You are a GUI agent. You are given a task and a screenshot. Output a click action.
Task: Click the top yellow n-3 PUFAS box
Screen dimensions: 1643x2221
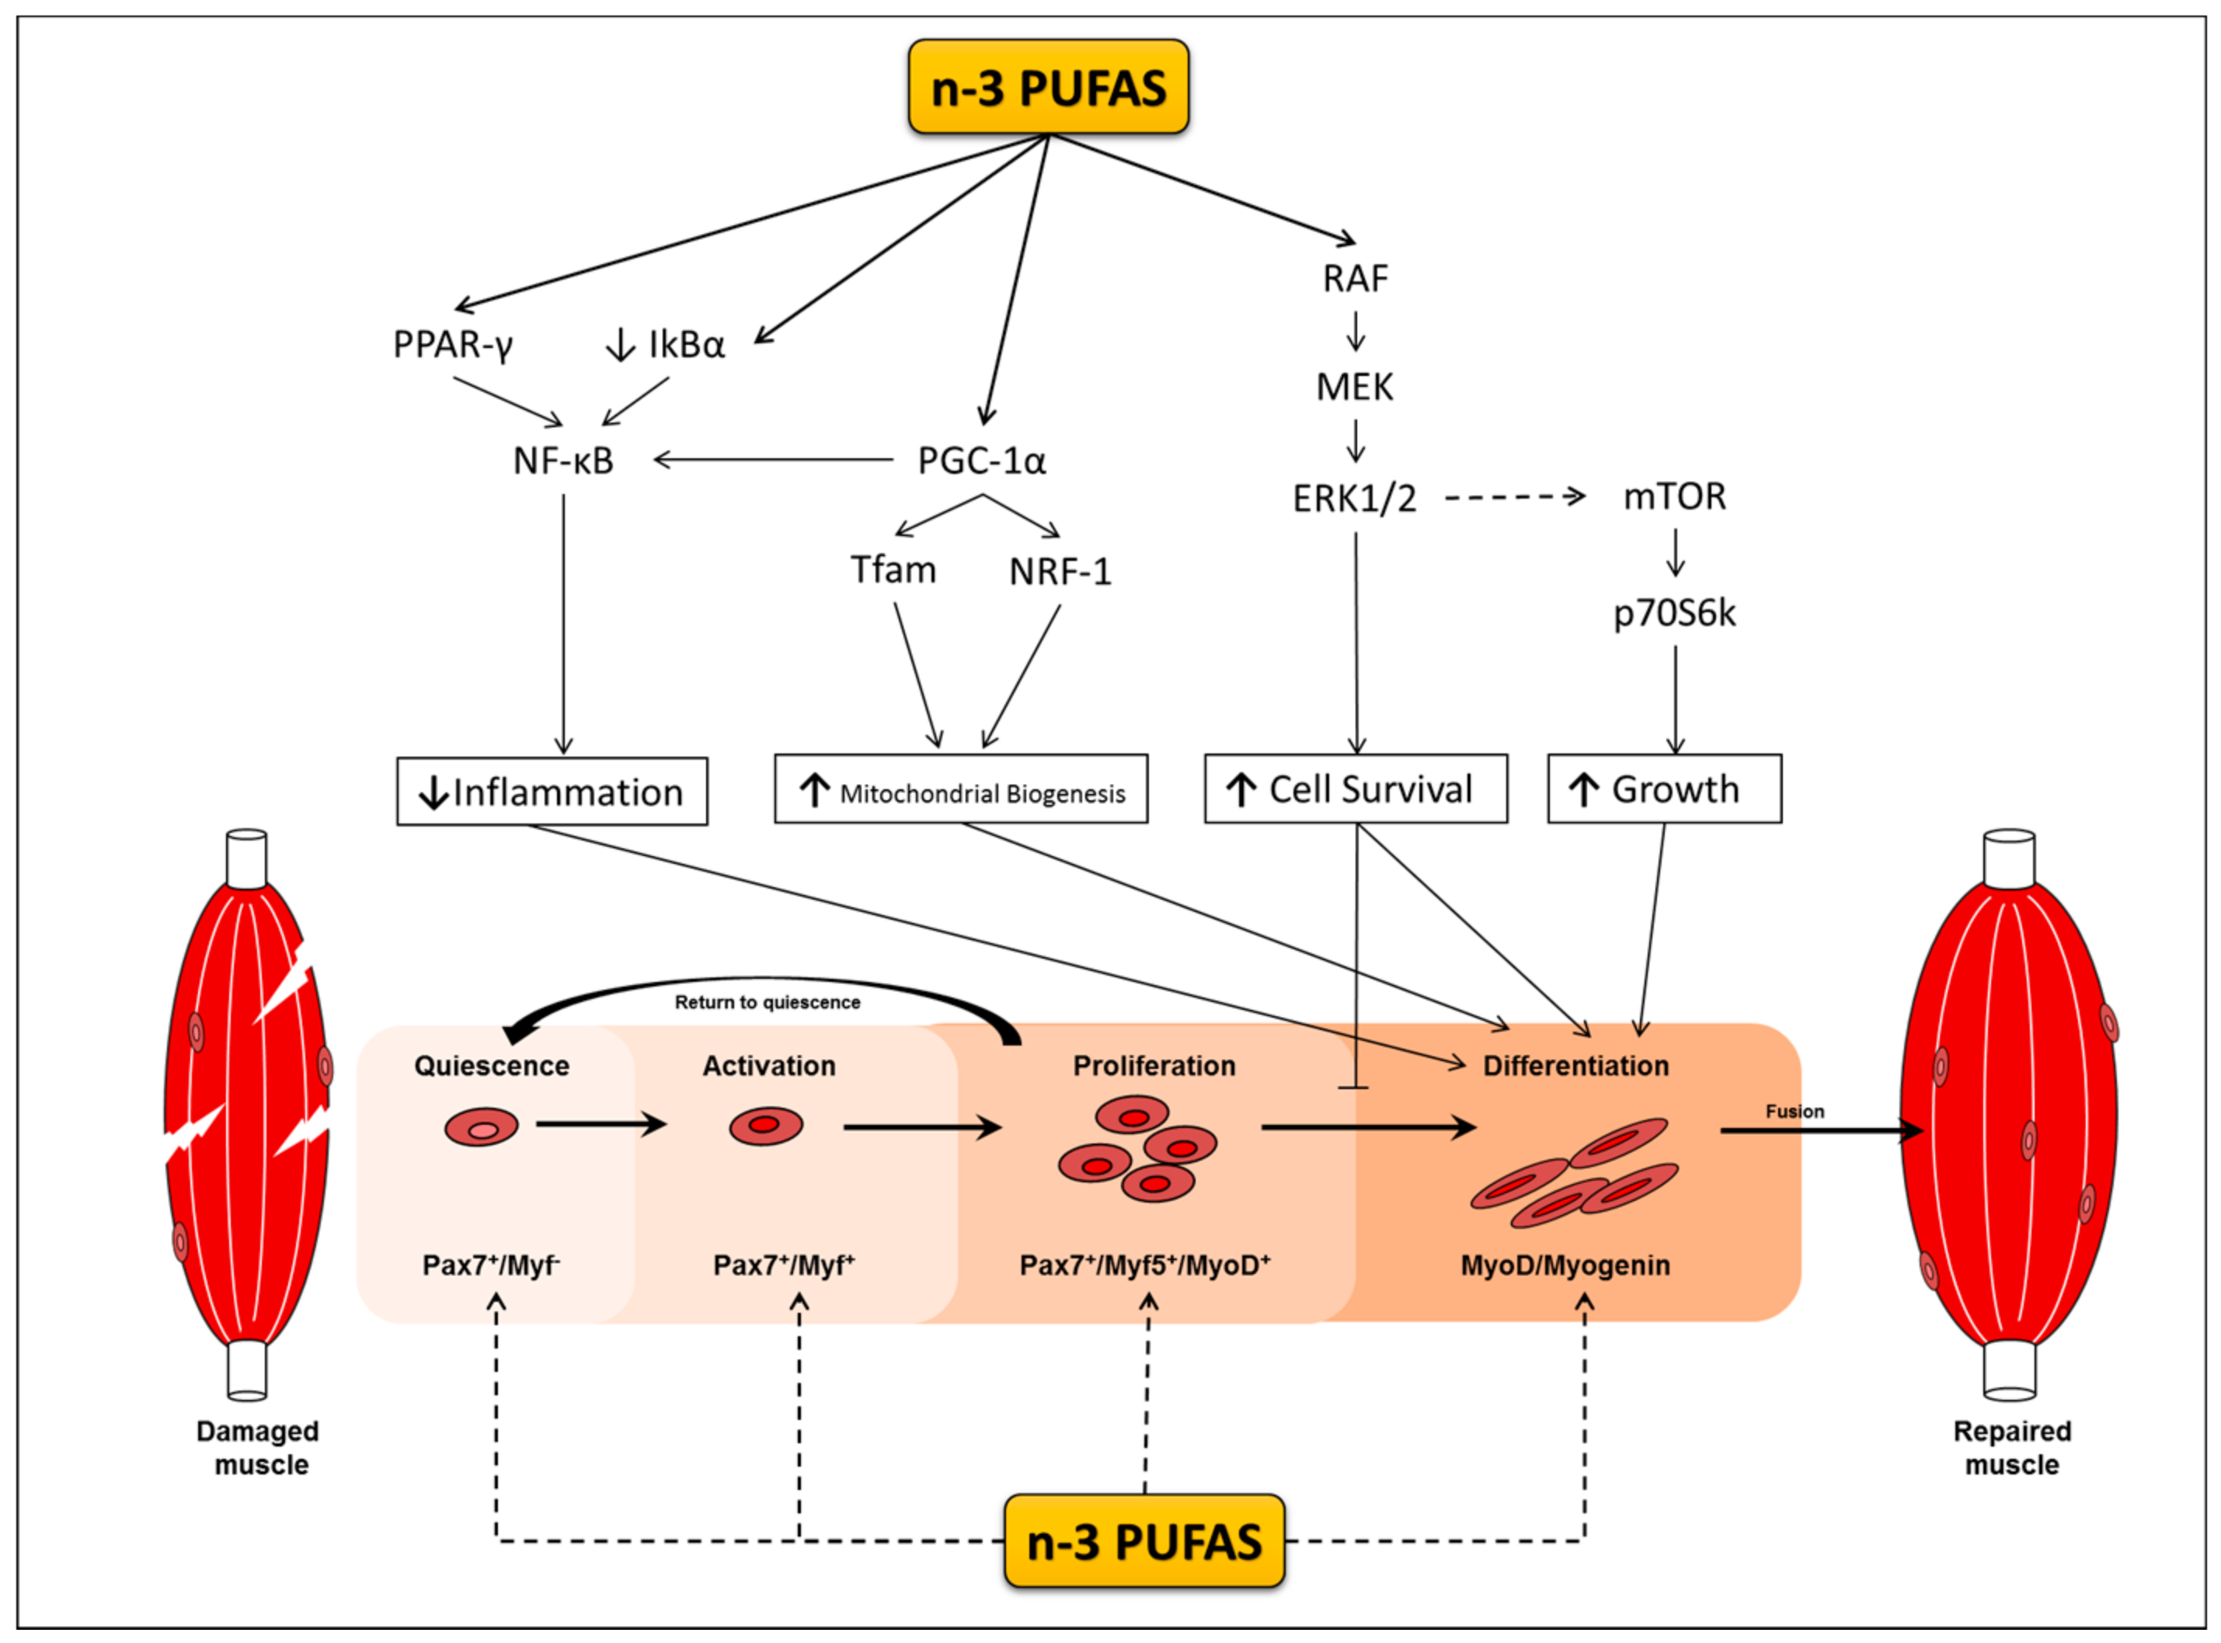click(1047, 88)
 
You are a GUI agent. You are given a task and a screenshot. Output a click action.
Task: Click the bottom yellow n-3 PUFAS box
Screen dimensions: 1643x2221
click(1143, 1540)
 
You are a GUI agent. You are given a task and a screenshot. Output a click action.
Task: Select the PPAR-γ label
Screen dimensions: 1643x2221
click(453, 345)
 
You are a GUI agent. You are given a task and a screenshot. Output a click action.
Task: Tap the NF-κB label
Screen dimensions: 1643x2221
click(563, 461)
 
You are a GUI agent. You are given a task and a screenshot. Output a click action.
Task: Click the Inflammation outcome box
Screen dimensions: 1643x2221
click(552, 792)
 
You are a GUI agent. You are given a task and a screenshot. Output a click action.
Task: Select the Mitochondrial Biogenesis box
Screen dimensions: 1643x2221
click(960, 790)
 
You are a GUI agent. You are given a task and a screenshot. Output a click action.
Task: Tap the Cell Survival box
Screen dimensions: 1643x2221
click(1355, 788)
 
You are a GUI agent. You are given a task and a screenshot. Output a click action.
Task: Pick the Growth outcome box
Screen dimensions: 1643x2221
click(1663, 788)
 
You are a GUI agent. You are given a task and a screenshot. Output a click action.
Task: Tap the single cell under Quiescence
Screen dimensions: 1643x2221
click(482, 1128)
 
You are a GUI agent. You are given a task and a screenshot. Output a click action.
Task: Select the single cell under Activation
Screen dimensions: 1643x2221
click(765, 1126)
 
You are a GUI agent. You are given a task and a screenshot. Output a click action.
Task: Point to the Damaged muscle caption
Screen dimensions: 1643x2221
click(259, 1447)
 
